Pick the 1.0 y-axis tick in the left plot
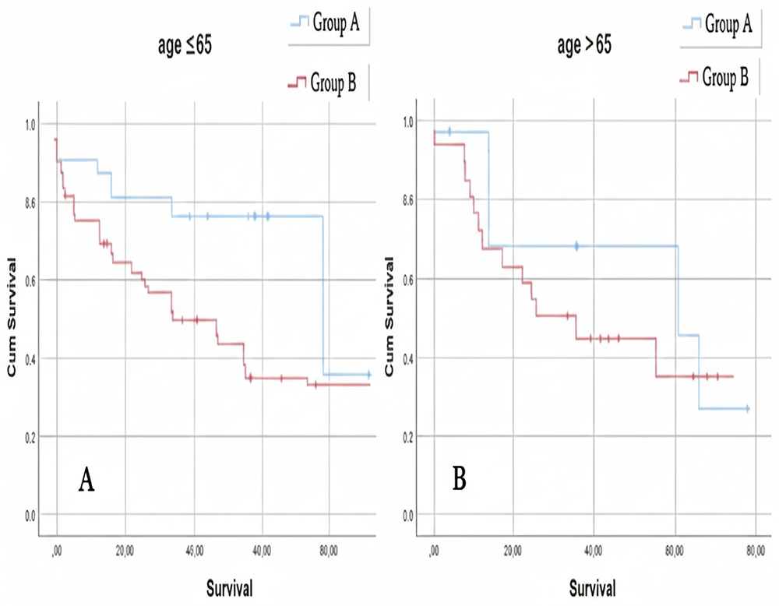31,123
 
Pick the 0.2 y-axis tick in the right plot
406,436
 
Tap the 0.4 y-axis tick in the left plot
31,358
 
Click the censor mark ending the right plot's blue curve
747,408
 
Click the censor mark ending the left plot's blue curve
368,375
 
